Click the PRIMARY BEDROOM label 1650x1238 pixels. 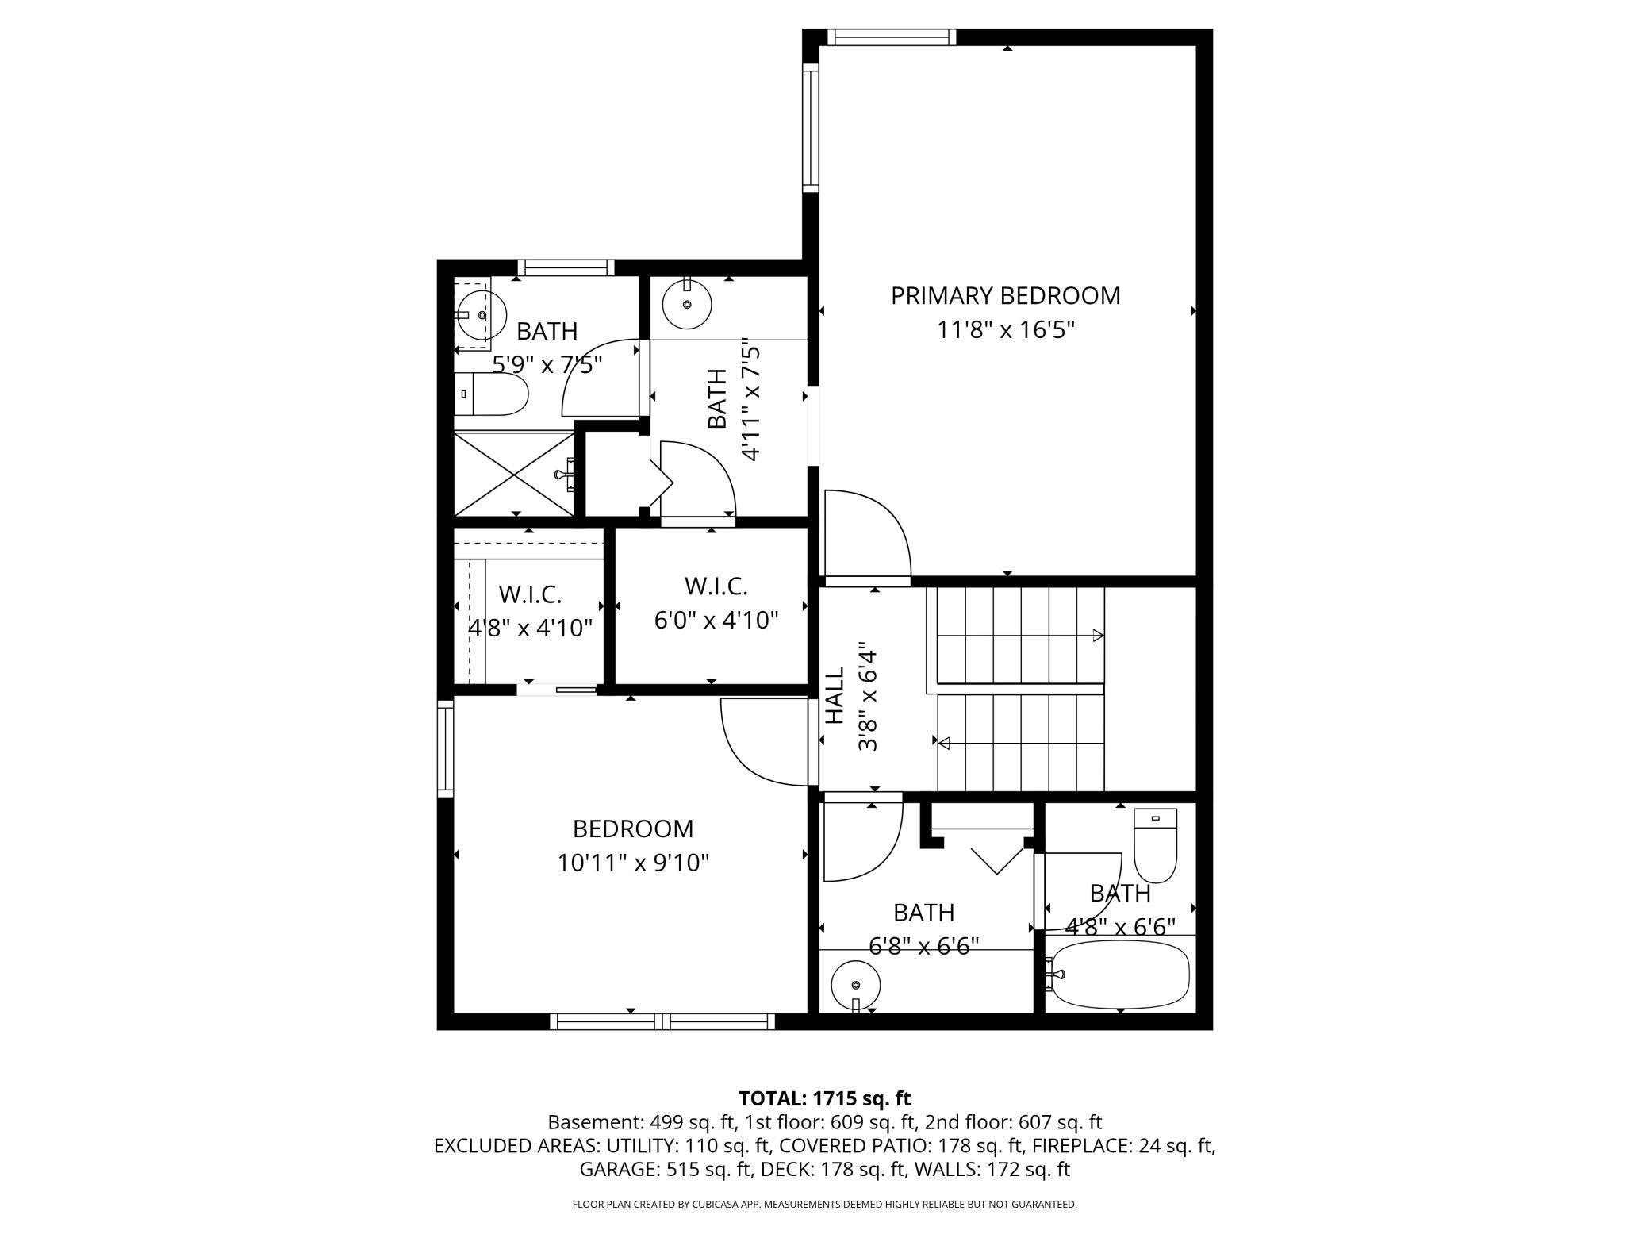click(1005, 295)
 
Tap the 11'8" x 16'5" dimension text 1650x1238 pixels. click(1005, 329)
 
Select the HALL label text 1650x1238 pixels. click(835, 696)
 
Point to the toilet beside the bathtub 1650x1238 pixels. click(1154, 845)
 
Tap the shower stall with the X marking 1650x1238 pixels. click(514, 475)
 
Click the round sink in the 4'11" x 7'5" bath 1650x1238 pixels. click(686, 304)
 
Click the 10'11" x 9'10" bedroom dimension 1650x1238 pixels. click(632, 863)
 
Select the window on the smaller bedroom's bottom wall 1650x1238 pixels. click(662, 1021)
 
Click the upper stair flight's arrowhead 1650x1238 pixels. click(1098, 635)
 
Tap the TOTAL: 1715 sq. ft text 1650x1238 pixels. click(824, 1098)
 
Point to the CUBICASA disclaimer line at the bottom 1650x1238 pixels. click(824, 1205)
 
